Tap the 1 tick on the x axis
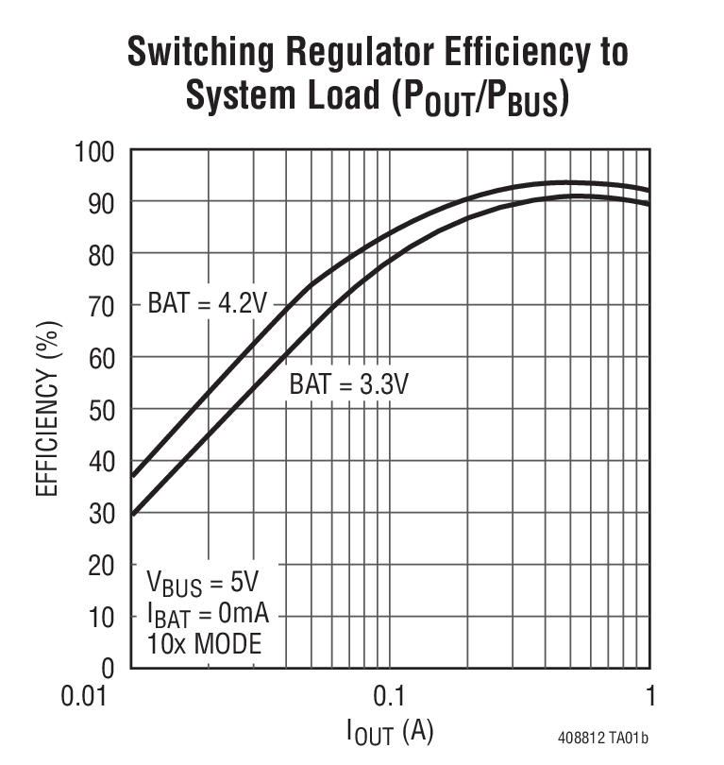[x=649, y=698]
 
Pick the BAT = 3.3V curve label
[x=348, y=384]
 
